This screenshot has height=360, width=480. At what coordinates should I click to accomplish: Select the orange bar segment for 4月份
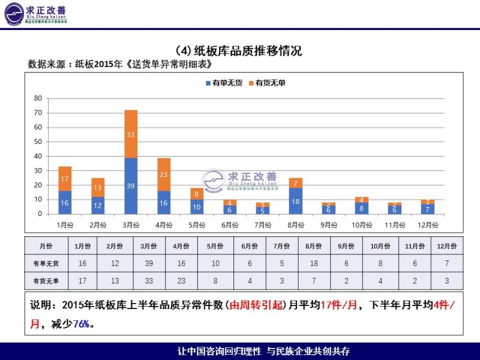point(164,174)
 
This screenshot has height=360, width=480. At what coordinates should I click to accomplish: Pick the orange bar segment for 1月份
point(65,178)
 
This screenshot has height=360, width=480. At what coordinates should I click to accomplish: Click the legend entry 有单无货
point(224,83)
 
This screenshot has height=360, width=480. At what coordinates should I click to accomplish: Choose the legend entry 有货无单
point(267,83)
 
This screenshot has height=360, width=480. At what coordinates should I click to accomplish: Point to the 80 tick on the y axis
point(38,98)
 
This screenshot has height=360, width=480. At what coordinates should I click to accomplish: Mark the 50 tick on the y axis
point(38,142)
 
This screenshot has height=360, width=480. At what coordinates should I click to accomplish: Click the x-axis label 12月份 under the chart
point(427,225)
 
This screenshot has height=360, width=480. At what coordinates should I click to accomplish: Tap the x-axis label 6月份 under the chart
point(230,225)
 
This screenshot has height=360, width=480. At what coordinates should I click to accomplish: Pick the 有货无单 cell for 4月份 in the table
point(181,280)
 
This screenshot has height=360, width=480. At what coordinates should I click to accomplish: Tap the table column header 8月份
point(313,246)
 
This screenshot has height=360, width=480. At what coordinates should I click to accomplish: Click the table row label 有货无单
point(46,280)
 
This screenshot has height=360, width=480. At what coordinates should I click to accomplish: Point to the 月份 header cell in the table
point(46,246)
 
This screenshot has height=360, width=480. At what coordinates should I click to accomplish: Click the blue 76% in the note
point(81,323)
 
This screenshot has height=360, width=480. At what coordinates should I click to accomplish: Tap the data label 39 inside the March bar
point(131,186)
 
